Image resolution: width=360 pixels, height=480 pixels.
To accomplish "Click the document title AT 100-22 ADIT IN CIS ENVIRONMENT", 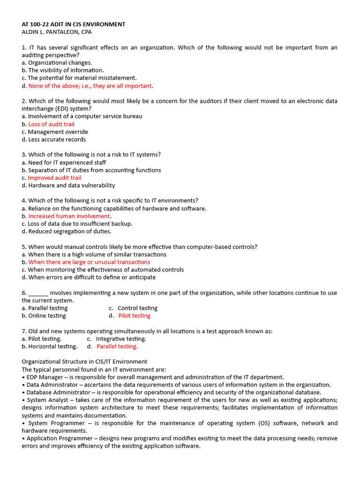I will point(74,24).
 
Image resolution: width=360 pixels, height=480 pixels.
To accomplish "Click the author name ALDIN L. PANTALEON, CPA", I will point(57,32).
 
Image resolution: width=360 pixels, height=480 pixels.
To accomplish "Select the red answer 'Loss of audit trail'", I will point(51,124).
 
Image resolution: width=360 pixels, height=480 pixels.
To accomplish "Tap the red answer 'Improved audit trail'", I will point(54,178).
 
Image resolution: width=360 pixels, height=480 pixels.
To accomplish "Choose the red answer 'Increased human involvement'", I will point(69,216).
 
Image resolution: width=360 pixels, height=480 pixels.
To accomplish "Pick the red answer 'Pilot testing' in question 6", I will point(134,315).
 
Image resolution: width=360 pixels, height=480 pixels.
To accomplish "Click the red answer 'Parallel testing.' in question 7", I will point(117,346).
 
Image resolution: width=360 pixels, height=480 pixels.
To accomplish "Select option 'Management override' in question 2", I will point(58,132).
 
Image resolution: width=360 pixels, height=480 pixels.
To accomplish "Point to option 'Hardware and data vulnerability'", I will point(71,185).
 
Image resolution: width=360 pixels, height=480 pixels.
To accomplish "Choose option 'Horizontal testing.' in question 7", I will point(52,346).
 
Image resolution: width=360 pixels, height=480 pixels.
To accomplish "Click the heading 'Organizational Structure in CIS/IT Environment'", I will point(84,361).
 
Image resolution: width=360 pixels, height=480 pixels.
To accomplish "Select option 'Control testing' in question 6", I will point(137,308).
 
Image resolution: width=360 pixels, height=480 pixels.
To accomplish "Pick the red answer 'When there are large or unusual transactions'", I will point(89,262).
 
